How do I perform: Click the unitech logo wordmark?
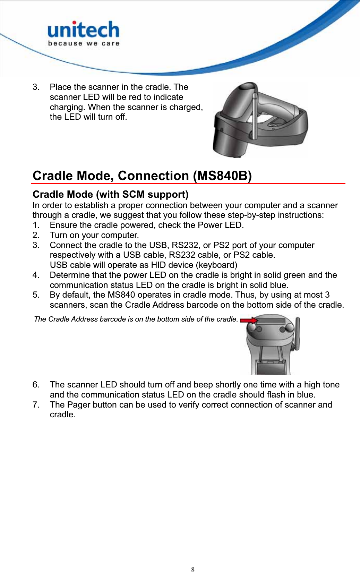tap(83, 30)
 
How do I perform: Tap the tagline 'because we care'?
tap(84, 44)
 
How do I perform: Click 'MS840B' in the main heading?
tap(222, 176)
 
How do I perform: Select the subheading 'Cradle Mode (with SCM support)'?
tap(110, 194)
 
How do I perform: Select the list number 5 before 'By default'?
tap(36, 295)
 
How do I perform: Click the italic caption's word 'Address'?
tap(86, 319)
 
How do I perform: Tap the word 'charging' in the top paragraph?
tap(67, 107)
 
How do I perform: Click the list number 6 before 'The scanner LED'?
tap(36, 385)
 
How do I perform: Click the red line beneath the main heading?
tap(189, 183)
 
